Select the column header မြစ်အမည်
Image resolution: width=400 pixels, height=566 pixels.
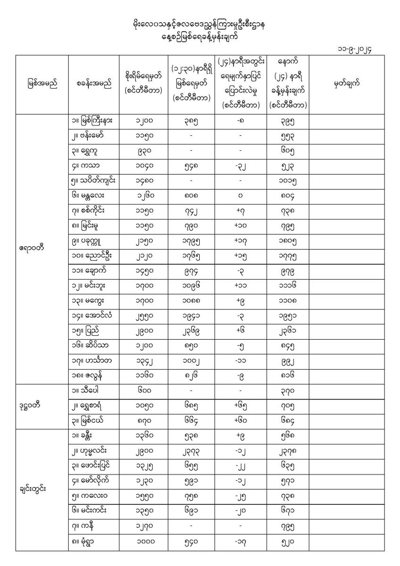click(42, 84)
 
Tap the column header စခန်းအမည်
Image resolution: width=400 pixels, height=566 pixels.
click(94, 84)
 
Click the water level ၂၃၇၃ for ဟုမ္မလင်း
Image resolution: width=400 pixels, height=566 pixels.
click(191, 452)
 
